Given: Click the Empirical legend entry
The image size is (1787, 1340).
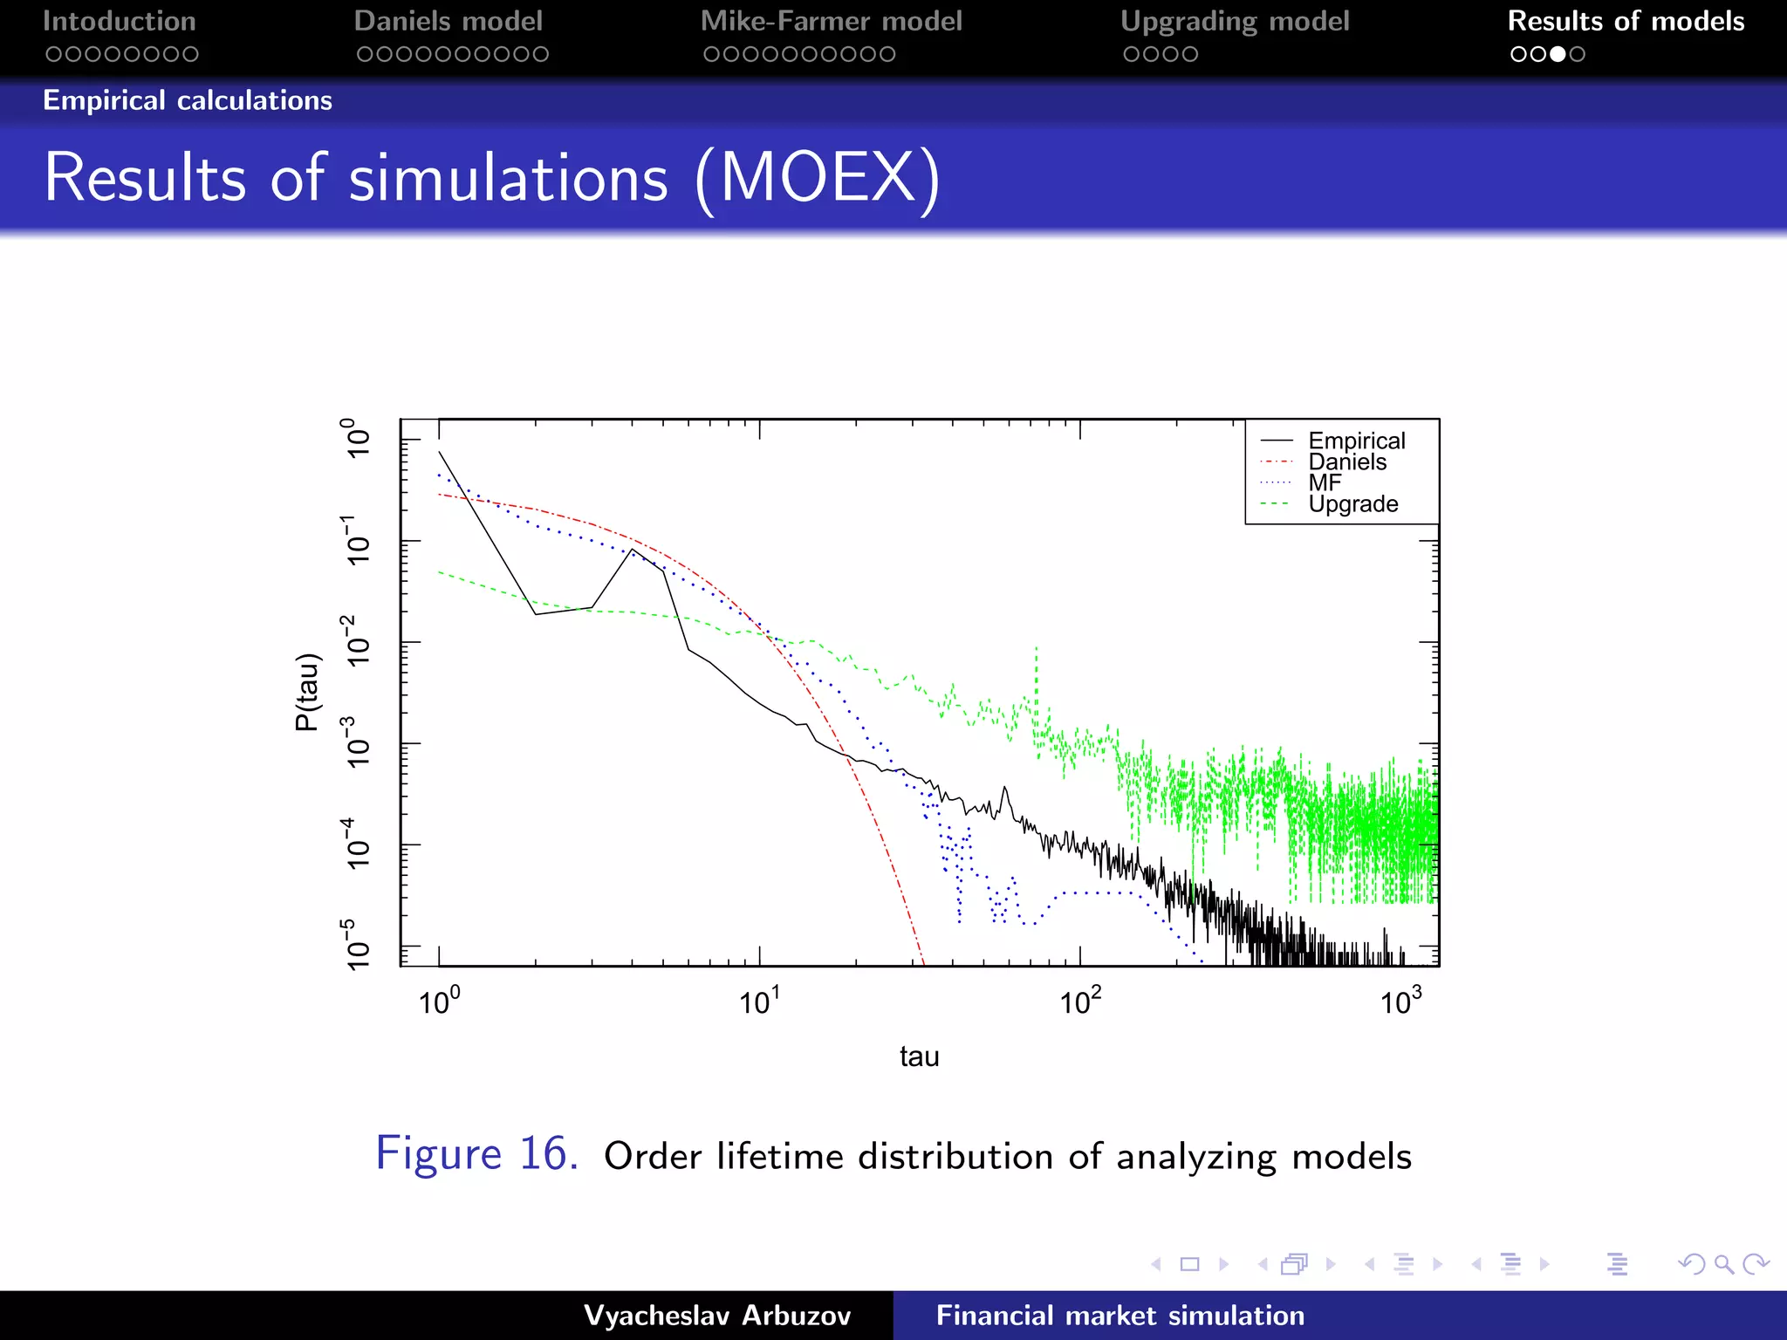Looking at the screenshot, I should coord(1356,441).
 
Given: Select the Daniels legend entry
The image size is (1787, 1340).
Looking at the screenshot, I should coord(1346,461).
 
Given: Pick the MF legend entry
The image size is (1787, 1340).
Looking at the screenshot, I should coord(1325,482).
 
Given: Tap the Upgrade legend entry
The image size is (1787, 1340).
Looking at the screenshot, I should coord(1352,504).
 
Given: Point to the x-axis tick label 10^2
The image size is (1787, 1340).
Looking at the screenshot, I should coord(1080,1001).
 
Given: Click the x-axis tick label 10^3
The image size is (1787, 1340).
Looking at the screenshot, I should coord(1400,1001).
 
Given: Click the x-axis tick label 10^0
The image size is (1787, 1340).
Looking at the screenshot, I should coord(439,1001).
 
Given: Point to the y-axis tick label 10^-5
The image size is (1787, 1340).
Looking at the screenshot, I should coord(357,944).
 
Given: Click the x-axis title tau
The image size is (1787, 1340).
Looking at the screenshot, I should coord(919,1056).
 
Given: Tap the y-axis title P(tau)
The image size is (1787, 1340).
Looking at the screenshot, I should coord(307,692).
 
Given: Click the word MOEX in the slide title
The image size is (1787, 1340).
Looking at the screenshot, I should coord(818,178).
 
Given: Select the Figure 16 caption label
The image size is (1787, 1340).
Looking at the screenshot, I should coord(476,1153).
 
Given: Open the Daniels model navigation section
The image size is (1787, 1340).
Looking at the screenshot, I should coord(448,21).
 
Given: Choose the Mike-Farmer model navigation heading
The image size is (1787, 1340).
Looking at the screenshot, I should coord(831,21).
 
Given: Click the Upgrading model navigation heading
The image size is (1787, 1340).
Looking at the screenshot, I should coord(1235,21).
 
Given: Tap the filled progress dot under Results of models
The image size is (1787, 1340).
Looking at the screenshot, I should coord(1558,54).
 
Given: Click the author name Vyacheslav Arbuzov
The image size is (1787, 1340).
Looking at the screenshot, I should coord(717,1316).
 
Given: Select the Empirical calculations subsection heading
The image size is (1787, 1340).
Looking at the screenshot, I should coord(188,100).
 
